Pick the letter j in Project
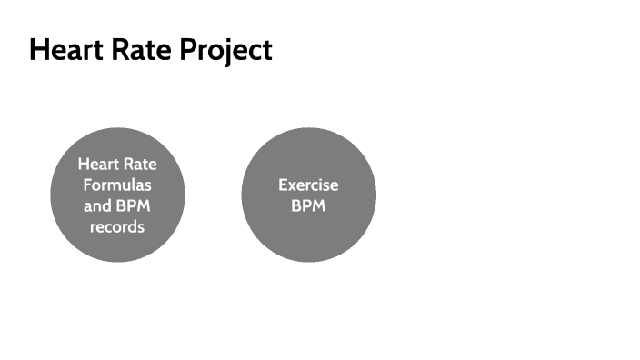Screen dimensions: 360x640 222,52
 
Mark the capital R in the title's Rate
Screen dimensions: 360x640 107,50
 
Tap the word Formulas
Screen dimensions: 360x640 117,185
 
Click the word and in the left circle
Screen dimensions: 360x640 98,205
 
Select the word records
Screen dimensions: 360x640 117,226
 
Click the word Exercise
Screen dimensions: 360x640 308,185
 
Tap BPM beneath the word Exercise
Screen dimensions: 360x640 308,205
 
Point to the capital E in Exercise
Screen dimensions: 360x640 283,185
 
